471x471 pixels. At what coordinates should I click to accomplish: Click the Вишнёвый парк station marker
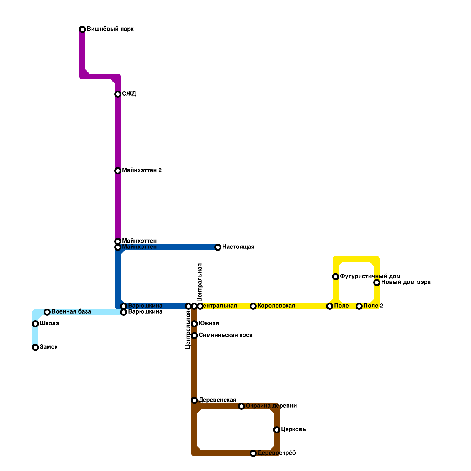point(82,29)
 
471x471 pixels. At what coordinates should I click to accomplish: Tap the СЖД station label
point(129,94)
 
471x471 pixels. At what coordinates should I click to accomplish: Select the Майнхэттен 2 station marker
point(118,171)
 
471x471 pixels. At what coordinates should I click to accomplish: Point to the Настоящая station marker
point(218,247)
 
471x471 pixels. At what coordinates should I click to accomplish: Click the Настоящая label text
point(238,247)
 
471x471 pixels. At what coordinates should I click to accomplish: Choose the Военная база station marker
point(47,312)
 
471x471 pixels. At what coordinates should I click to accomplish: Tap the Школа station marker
point(35,324)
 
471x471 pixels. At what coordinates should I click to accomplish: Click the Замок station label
point(49,347)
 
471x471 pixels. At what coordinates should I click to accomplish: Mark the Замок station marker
point(35,347)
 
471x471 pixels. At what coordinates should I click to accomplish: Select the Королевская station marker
point(253,306)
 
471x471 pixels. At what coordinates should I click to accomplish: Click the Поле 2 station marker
point(359,306)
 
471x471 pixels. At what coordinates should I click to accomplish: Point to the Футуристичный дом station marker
point(336,277)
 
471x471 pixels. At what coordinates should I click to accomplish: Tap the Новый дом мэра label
point(406,282)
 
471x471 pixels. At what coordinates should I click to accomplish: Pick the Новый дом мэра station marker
point(377,283)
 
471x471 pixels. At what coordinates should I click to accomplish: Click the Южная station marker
point(194,324)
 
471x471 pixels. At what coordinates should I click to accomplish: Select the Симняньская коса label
point(225,335)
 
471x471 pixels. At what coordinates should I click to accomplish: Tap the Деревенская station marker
point(194,400)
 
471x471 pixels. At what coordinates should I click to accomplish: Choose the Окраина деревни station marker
point(241,406)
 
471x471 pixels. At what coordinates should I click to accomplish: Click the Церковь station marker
point(277,430)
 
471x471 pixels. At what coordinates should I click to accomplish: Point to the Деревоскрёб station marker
point(253,453)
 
